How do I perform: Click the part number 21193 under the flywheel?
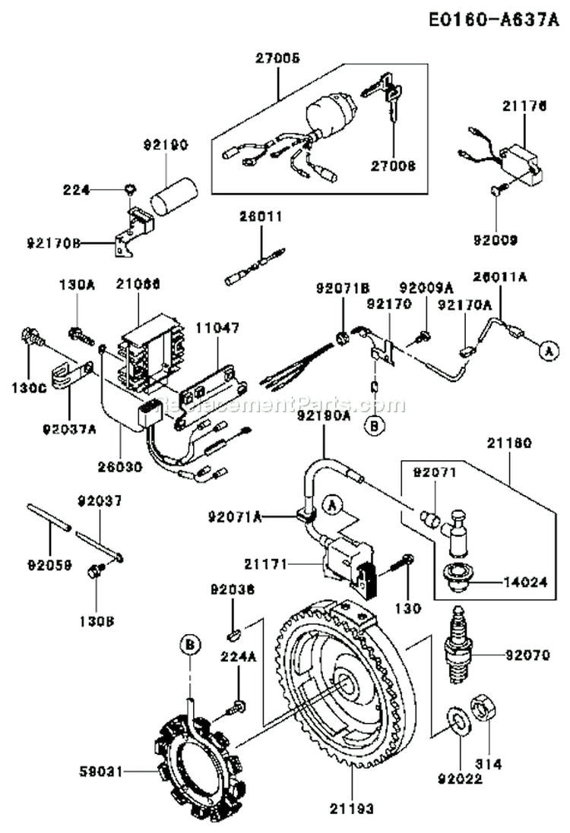[353, 809]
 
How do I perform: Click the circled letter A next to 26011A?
[545, 351]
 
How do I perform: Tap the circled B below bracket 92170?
[373, 425]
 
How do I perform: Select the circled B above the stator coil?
[190, 645]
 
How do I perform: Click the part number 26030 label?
[120, 469]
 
